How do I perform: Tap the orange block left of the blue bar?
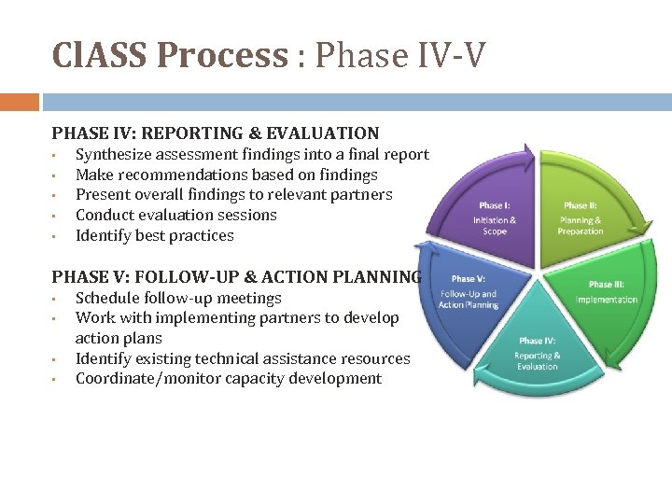pos(20,102)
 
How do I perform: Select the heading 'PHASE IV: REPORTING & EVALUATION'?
pos(216,133)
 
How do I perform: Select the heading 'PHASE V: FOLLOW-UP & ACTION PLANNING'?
pos(237,276)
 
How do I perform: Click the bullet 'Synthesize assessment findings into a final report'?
pos(252,155)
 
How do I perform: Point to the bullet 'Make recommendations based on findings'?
pos(226,175)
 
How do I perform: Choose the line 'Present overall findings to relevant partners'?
pos(233,195)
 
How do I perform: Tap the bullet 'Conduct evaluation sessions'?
pos(175,215)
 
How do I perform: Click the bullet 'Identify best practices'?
pos(154,235)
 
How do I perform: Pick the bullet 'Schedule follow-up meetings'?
pos(178,299)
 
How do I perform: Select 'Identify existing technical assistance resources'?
pos(243,358)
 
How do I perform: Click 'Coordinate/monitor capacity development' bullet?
pos(228,379)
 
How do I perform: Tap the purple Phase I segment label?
pos(495,218)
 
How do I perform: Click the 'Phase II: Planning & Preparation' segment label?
pos(581,218)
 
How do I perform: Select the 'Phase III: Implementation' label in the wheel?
pos(607,292)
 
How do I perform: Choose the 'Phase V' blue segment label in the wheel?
pos(469,291)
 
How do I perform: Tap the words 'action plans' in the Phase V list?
pos(119,339)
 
